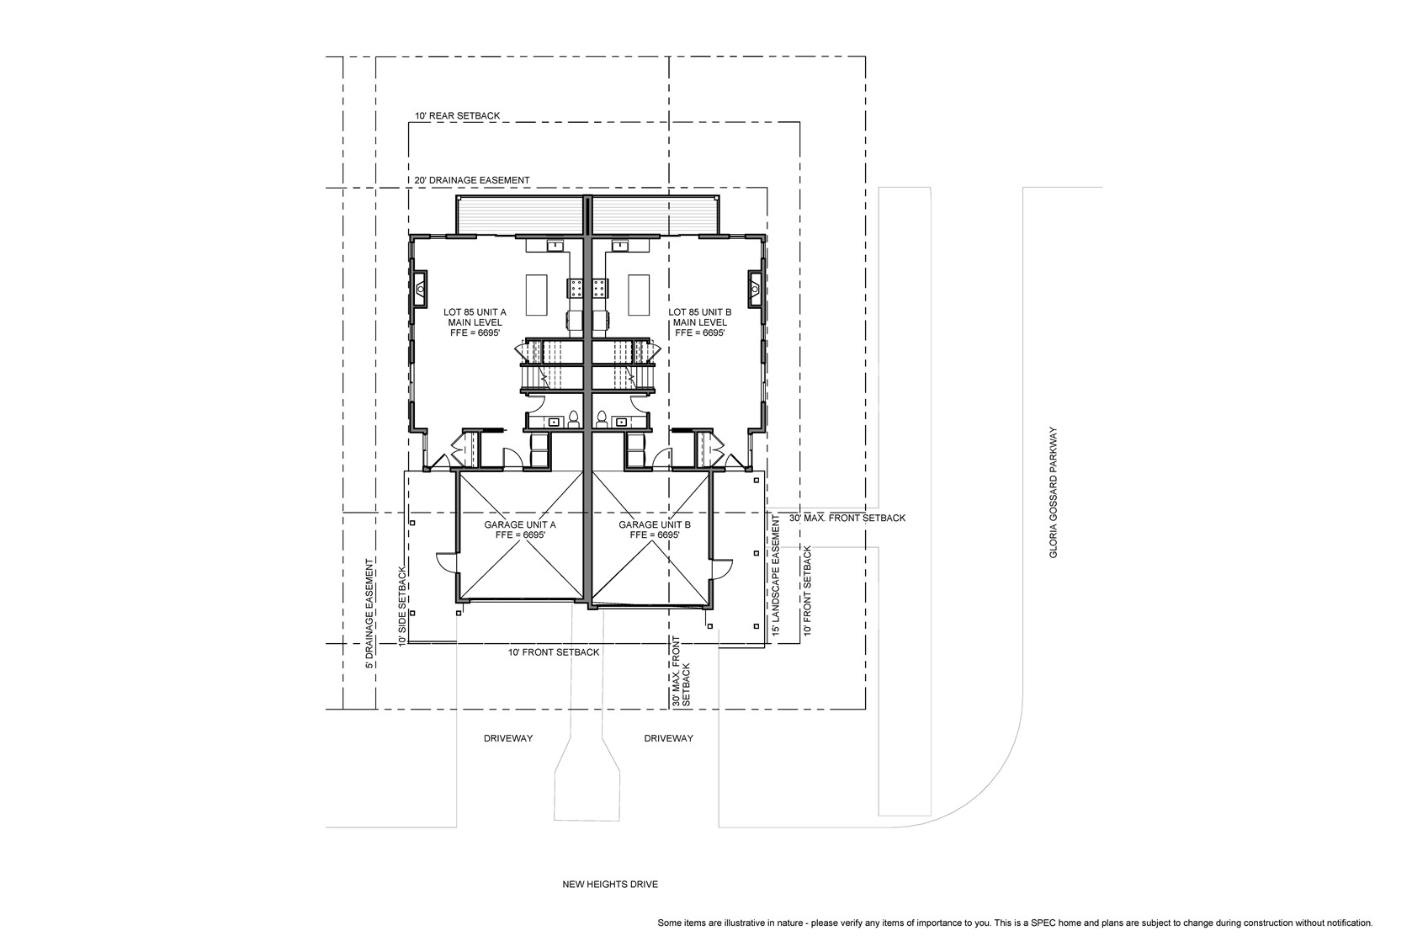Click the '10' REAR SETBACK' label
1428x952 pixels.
tap(458, 116)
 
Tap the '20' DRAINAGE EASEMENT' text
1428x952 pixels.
tap(472, 180)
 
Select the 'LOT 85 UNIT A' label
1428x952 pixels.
tap(475, 312)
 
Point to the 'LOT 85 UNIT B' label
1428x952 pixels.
tap(700, 312)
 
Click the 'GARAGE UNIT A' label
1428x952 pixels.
tap(520, 524)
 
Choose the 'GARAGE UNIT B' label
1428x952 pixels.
tap(655, 524)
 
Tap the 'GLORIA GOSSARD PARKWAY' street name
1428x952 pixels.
tap(1054, 493)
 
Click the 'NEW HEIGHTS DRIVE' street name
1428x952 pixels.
tap(610, 885)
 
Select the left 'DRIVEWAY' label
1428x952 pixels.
tap(508, 738)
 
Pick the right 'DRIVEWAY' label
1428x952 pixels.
tap(669, 738)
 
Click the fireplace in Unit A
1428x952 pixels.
tap(420, 290)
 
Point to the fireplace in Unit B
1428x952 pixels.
tap(756, 290)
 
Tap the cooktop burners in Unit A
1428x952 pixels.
tap(576, 289)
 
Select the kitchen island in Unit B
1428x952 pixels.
tap(639, 295)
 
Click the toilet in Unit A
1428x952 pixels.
tap(574, 418)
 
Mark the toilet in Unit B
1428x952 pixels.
tap(601, 418)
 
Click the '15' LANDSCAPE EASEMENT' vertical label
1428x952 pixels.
tap(776, 575)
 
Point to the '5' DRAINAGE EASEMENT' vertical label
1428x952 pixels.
tap(369, 614)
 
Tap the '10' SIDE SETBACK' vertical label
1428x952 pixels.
tap(402, 606)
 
